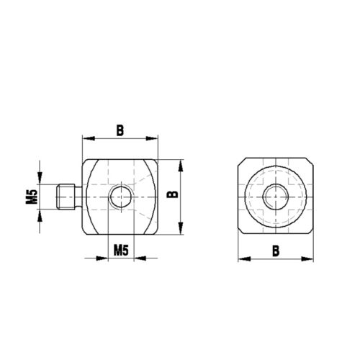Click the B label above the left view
pyautogui.click(x=120, y=130)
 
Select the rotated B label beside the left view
pyautogui.click(x=171, y=194)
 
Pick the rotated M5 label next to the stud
pyautogui.click(x=31, y=197)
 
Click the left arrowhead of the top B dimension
pyautogui.click(x=87, y=138)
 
